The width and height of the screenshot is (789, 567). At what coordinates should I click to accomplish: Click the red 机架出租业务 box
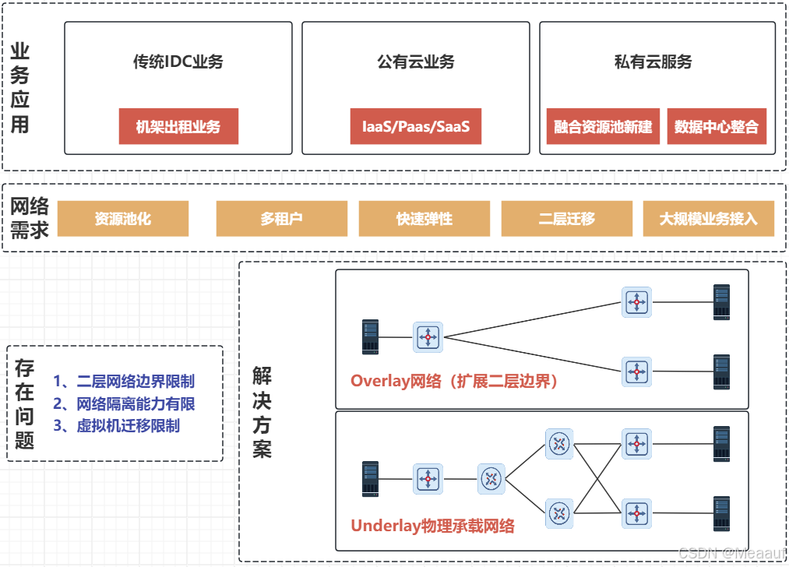click(178, 126)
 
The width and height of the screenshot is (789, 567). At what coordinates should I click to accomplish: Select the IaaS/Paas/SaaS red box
click(415, 126)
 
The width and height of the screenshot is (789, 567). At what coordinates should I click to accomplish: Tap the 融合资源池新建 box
click(603, 126)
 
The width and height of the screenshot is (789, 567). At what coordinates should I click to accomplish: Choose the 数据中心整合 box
click(717, 126)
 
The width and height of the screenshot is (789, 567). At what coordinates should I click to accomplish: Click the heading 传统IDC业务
click(178, 62)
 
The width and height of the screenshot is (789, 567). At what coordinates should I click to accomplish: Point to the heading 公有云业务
click(415, 62)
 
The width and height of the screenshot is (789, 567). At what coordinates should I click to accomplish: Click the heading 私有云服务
click(653, 62)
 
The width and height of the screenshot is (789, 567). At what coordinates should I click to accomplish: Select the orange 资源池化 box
click(123, 219)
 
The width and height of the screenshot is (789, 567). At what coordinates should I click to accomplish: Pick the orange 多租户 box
click(281, 219)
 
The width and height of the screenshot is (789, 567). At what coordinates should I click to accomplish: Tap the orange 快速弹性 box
click(424, 219)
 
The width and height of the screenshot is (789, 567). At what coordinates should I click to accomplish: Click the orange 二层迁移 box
click(566, 219)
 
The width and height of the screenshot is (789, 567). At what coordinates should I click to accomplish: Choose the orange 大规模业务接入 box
click(708, 219)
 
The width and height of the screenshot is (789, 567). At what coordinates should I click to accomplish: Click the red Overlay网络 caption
click(454, 382)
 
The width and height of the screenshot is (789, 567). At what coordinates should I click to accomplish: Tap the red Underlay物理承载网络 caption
click(432, 525)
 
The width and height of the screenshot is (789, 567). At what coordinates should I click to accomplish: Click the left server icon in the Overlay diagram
click(370, 337)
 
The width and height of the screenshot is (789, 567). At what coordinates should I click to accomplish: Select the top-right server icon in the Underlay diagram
click(722, 444)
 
